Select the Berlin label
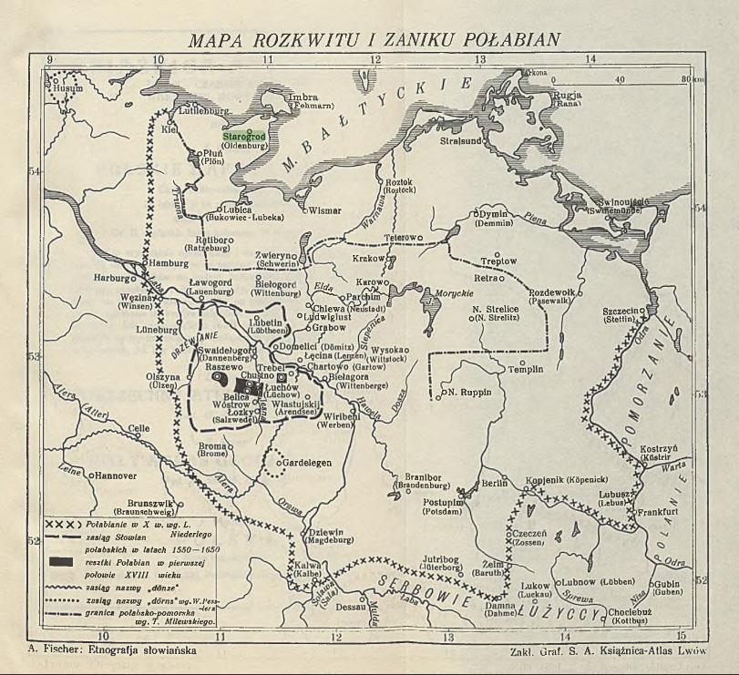click(493, 484)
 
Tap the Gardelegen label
click(310, 462)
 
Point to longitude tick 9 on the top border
click(50, 60)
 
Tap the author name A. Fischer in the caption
click(70, 650)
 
